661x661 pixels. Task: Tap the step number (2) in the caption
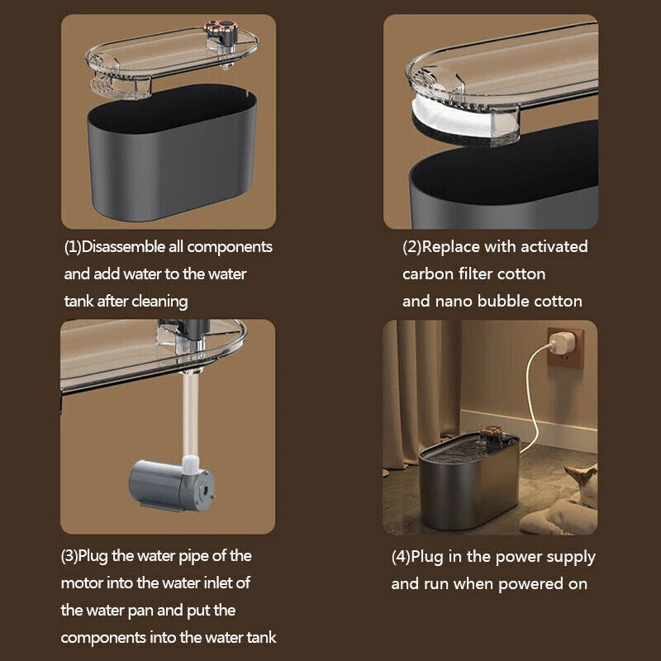click(411, 247)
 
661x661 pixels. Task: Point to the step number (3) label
click(69, 556)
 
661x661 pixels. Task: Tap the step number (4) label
click(401, 557)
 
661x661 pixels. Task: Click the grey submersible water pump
click(171, 485)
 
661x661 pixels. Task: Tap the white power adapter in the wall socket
click(563, 344)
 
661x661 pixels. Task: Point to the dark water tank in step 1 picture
click(172, 152)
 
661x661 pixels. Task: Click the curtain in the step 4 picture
click(421, 392)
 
